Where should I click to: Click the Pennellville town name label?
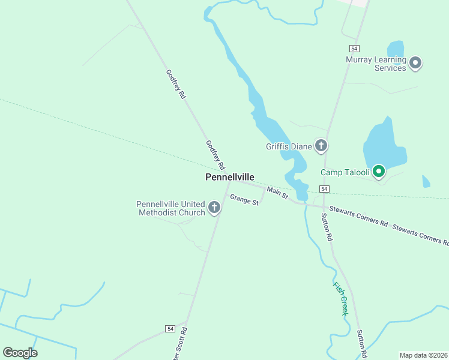tap(230, 177)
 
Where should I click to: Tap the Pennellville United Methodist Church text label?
tap(171, 208)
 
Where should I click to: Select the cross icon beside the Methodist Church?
tap(214, 208)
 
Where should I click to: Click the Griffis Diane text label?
tap(289, 146)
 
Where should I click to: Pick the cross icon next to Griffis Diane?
tap(321, 145)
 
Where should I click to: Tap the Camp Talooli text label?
tap(345, 173)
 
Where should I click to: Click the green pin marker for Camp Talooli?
tap(379, 172)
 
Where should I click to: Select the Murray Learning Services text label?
tap(375, 64)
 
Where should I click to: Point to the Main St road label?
tap(277, 193)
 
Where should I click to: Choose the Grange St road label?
tap(244, 200)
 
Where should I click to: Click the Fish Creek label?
tap(340, 298)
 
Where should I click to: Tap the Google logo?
tap(20, 353)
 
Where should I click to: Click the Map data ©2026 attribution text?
tap(424, 355)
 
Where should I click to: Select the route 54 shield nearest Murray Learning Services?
tap(354, 48)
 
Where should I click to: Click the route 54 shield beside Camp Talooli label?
tap(324, 188)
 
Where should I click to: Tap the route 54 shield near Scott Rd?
tap(170, 329)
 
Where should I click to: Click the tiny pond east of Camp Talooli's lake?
tap(426, 181)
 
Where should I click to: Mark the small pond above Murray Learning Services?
tap(396, 49)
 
